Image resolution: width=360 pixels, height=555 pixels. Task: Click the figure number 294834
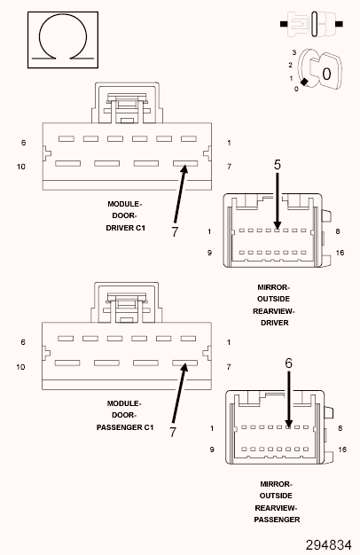pos(328,545)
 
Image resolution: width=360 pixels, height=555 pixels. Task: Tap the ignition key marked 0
pos(326,72)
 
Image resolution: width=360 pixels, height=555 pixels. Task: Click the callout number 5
pos(278,165)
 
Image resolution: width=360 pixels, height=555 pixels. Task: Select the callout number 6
pos(288,363)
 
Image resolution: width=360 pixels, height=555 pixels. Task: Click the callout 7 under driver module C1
pos(175,231)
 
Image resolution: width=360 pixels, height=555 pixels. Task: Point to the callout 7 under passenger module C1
pos(173,432)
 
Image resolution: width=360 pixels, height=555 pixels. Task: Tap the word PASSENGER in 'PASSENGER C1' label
pos(120,427)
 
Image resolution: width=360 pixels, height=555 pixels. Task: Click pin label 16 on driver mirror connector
pos(340,253)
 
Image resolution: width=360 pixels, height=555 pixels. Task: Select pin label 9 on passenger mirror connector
pos(212,449)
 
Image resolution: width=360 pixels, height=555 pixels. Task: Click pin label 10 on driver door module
pos(21,167)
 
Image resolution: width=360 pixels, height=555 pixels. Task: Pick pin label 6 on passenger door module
pos(23,342)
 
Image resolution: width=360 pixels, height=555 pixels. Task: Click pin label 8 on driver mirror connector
pos(338,231)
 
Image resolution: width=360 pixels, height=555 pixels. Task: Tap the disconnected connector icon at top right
pos(311,24)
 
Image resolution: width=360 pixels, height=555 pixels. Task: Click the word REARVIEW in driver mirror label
pos(274,311)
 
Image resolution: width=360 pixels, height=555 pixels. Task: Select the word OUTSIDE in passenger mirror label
pos(276,496)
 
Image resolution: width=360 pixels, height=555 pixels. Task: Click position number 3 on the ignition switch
pos(294,52)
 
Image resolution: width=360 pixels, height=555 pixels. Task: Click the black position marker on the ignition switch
pos(304,82)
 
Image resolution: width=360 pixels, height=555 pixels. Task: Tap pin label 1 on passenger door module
pos(229,342)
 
